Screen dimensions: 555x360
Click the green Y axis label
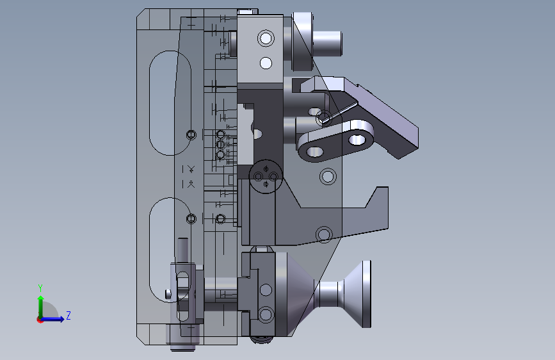coord(40,288)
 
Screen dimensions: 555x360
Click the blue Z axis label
coord(68,315)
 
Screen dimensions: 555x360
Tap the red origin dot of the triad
coord(39,320)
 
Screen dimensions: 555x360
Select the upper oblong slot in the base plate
coord(170,102)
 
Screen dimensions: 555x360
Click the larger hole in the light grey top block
coord(266,38)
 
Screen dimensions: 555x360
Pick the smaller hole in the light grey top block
coord(266,63)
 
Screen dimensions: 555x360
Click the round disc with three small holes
coord(266,176)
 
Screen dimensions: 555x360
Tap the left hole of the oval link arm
coord(314,152)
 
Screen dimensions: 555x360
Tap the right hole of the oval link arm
coord(357,140)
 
